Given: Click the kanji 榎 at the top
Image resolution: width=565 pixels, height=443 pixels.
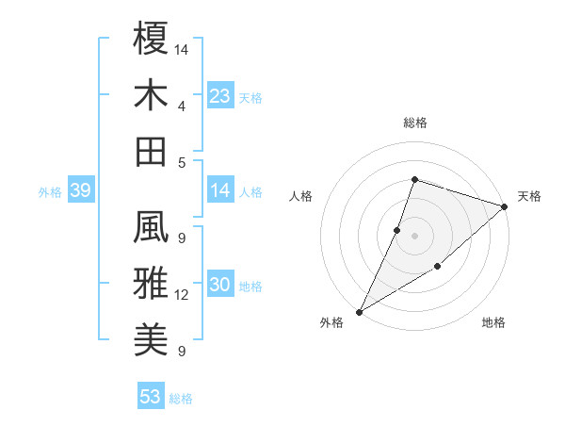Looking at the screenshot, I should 152,40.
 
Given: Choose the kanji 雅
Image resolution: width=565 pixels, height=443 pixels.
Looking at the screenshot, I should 152,282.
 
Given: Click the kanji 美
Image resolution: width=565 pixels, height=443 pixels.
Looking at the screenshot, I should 152,336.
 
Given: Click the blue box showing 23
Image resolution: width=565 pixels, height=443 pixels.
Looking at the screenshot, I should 220,96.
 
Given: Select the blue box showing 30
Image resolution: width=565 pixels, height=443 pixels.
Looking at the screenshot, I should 220,286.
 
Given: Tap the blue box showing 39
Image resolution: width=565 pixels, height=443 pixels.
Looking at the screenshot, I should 80,191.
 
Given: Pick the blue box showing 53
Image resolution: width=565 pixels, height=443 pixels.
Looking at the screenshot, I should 151,397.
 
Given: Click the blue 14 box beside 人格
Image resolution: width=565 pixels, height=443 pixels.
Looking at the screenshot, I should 220,191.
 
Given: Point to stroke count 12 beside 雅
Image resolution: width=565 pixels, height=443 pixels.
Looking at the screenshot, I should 182,295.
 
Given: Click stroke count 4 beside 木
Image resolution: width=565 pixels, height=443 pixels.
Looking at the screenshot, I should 182,106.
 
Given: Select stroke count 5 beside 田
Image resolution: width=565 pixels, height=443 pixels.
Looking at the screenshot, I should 182,162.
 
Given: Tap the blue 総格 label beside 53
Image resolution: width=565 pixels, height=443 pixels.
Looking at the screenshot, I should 181,399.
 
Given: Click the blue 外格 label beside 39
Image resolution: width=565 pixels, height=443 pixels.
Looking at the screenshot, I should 50,192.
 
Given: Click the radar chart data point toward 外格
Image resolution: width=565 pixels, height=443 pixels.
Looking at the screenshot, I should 359,311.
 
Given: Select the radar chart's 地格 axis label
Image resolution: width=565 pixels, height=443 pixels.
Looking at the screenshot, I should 493,323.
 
